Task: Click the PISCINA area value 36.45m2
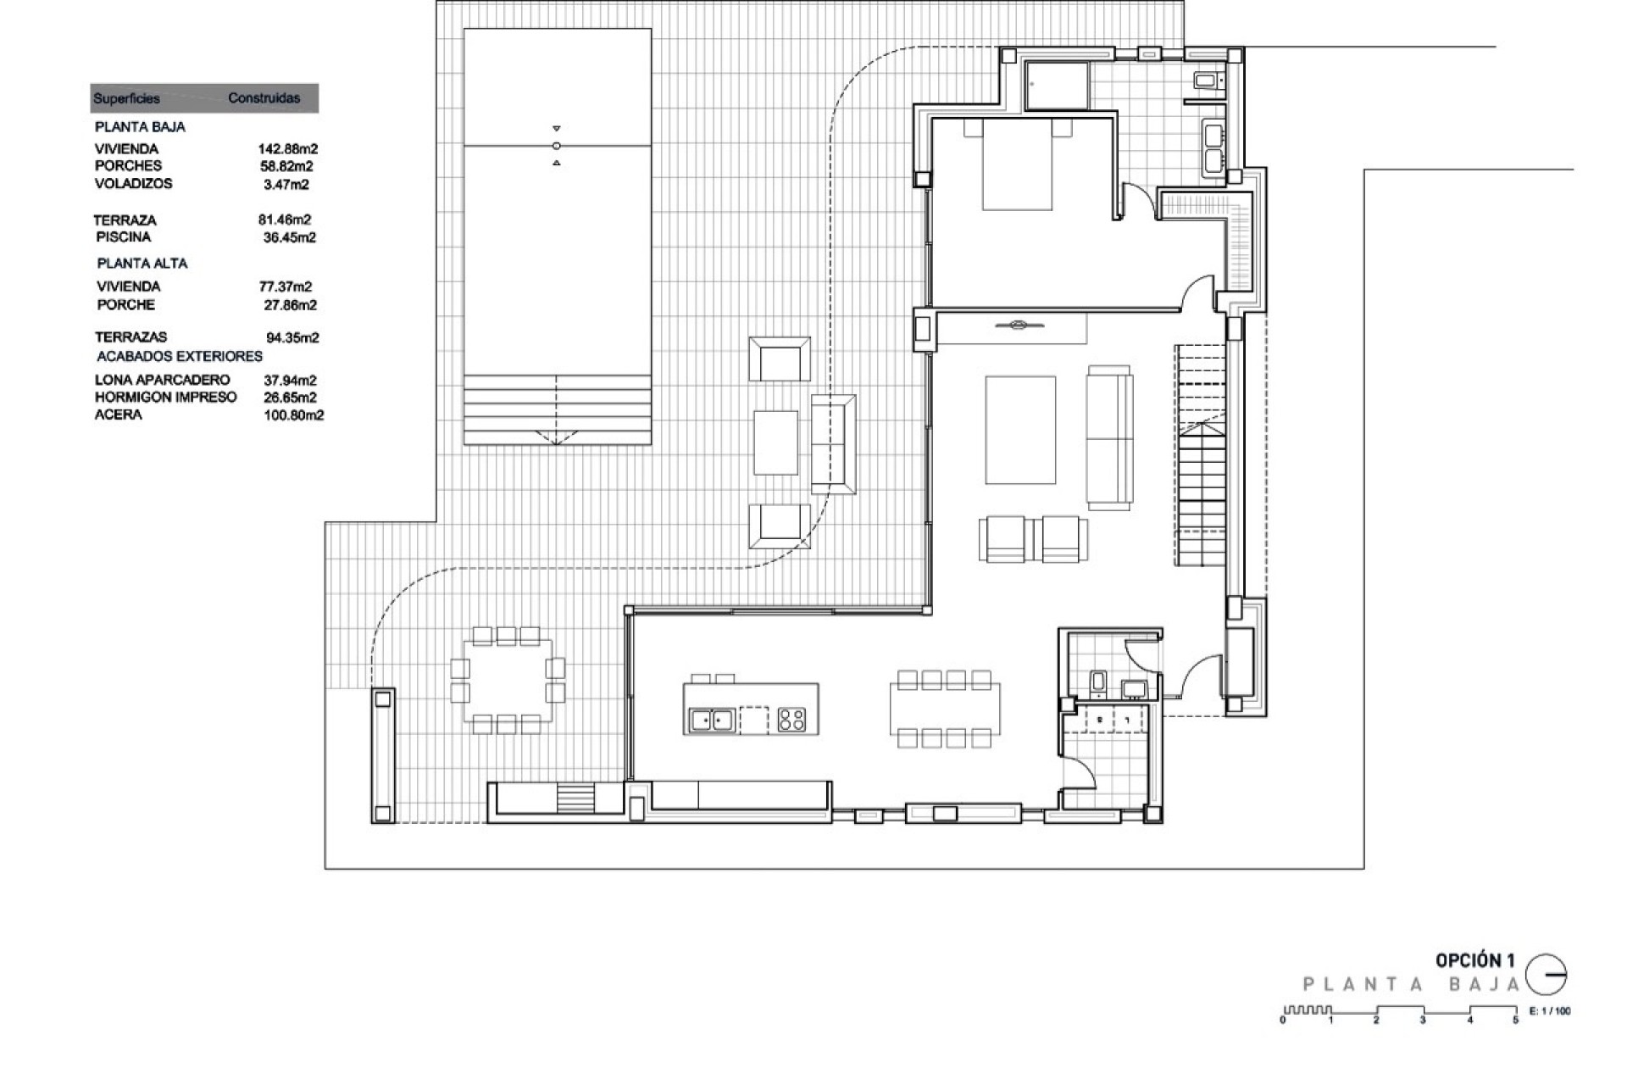(x=289, y=237)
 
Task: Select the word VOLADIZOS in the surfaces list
(x=133, y=183)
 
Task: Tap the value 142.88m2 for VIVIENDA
(x=287, y=149)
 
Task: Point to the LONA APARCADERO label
(x=162, y=380)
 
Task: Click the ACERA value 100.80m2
(x=293, y=415)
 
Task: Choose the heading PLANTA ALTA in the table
(x=142, y=264)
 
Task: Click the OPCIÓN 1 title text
(x=1474, y=960)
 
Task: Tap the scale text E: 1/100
(x=1549, y=1011)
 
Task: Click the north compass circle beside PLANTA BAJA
(x=1546, y=975)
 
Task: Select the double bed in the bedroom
(x=1017, y=165)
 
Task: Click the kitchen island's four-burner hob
(x=791, y=720)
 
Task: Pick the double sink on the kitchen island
(x=711, y=720)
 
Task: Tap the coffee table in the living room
(x=1020, y=431)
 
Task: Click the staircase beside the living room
(x=1200, y=458)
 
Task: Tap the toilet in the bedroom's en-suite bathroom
(x=1206, y=81)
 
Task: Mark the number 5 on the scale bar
(x=1515, y=1021)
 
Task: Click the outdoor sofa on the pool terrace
(x=832, y=444)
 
